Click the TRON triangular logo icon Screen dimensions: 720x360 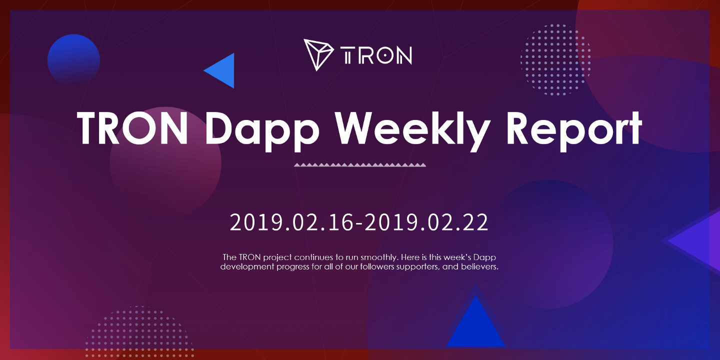click(x=318, y=54)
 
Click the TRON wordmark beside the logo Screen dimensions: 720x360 click(x=376, y=55)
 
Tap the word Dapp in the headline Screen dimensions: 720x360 click(x=262, y=130)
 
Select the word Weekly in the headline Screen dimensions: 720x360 click(x=412, y=129)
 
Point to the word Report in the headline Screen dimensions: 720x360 click(x=574, y=130)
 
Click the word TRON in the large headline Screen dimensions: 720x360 click(x=132, y=128)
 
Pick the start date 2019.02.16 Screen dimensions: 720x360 click(x=291, y=222)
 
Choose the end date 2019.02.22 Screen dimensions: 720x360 click(x=426, y=222)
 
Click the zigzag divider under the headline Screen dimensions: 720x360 click(x=360, y=165)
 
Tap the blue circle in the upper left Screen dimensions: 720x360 click(x=73, y=60)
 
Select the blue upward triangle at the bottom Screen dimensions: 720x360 click(x=475, y=323)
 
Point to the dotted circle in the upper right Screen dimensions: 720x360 click(x=556, y=60)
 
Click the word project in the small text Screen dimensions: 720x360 click(x=277, y=258)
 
